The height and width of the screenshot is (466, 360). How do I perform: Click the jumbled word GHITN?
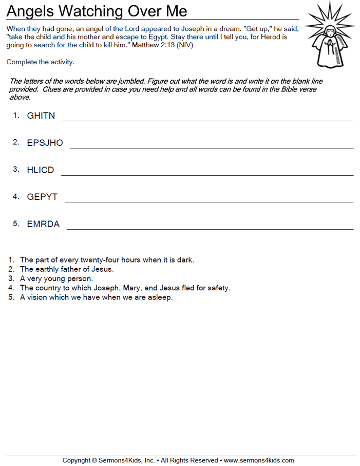[x=41, y=116]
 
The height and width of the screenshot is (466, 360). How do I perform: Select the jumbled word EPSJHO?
[x=45, y=143]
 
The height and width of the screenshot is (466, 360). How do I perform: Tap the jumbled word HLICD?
[x=40, y=170]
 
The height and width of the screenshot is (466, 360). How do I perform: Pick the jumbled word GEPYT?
[x=42, y=197]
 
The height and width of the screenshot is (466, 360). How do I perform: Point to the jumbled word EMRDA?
[x=43, y=224]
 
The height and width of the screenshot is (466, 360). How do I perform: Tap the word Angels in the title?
[x=30, y=11]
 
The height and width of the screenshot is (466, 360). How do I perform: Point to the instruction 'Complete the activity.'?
[x=41, y=62]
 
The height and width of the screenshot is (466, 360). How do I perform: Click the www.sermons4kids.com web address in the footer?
[x=259, y=460]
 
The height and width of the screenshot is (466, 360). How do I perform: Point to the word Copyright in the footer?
[x=77, y=460]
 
